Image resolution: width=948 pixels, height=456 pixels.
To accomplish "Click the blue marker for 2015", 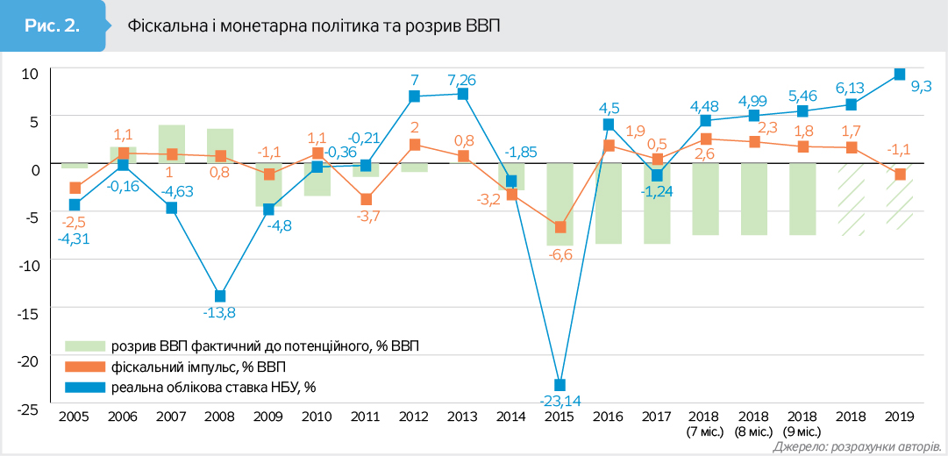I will [x=560, y=385].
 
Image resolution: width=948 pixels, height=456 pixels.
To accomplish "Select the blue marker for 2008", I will [x=220, y=296].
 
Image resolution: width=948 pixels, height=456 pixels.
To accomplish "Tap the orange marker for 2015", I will [x=560, y=227].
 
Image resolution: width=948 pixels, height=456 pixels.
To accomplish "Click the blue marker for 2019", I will [x=899, y=75].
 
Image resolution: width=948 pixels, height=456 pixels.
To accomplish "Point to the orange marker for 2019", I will [x=899, y=175].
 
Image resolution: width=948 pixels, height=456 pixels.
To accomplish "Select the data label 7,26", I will [x=463, y=78].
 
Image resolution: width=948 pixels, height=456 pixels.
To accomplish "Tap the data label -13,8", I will [x=220, y=312].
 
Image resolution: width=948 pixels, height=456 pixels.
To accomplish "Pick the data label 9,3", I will [x=921, y=86].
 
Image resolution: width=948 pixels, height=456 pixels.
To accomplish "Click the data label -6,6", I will [x=560, y=254].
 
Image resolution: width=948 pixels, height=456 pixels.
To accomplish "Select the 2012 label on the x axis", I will [x=414, y=417].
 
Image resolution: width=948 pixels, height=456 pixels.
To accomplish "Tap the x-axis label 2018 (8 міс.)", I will [x=753, y=424].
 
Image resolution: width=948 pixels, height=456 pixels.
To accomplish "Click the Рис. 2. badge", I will [x=53, y=25].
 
